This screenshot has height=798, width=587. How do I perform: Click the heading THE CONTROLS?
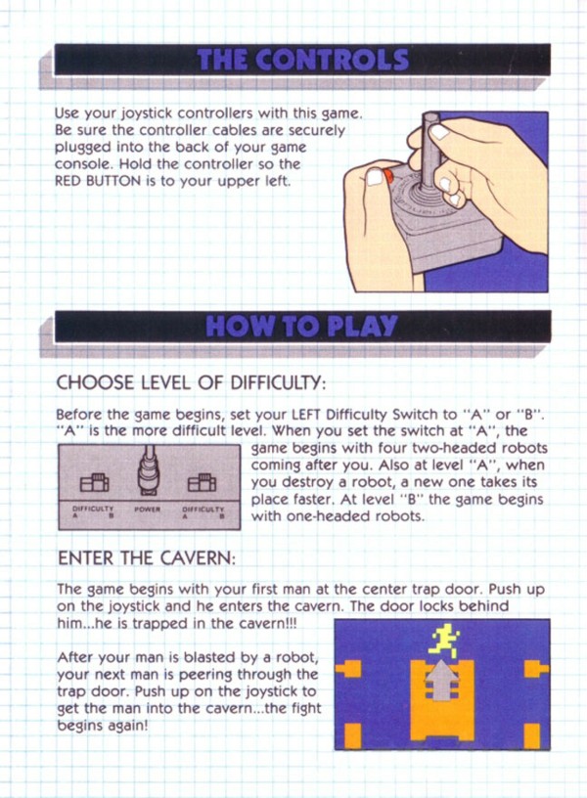(x=303, y=60)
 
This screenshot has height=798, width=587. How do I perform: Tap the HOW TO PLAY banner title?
(x=301, y=327)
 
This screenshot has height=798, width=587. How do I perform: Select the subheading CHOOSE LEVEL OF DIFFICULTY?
(x=191, y=382)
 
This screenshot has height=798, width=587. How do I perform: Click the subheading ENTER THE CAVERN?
(x=147, y=558)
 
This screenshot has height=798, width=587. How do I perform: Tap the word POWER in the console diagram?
(x=147, y=509)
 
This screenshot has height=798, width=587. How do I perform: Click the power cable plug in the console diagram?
(x=148, y=470)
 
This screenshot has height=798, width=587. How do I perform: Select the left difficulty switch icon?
(x=94, y=482)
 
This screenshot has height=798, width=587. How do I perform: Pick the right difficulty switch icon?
(x=202, y=482)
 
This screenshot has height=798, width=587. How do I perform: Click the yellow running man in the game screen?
(x=444, y=641)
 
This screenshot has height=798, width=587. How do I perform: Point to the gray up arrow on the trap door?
(x=441, y=680)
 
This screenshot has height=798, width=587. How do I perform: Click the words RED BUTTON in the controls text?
(x=98, y=181)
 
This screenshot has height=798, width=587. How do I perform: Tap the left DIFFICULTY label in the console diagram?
(x=93, y=509)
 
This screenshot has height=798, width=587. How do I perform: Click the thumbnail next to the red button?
(x=375, y=177)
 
